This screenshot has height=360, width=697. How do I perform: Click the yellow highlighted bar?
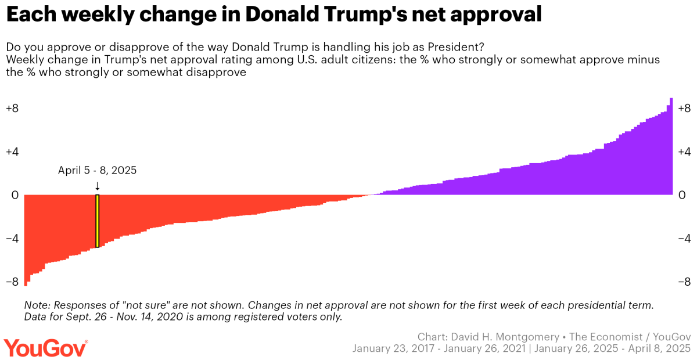(x=98, y=221)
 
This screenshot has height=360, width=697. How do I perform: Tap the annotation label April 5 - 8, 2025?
(x=98, y=171)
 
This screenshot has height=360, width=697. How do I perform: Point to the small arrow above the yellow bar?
(x=98, y=186)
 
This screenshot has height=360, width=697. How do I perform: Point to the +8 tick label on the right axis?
(x=684, y=109)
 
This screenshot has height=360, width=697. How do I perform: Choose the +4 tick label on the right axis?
(x=684, y=152)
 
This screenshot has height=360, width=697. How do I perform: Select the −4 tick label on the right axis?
(x=684, y=239)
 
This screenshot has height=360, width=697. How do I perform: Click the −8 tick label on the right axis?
(x=684, y=282)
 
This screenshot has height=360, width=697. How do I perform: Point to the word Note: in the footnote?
(x=37, y=305)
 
